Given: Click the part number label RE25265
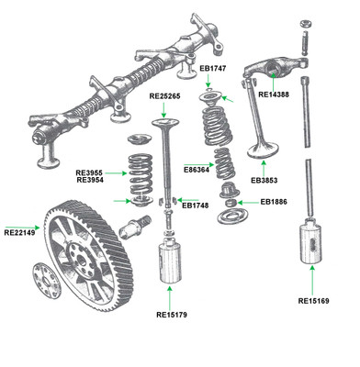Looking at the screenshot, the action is click(164, 96).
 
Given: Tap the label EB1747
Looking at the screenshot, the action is click(213, 69).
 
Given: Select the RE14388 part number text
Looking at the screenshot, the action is click(274, 95).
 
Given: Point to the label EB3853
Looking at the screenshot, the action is click(264, 181).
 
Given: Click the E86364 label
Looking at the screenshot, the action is click(197, 169).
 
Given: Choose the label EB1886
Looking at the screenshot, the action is click(274, 202).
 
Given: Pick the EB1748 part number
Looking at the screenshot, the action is click(196, 206).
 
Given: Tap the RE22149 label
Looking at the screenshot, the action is click(19, 232).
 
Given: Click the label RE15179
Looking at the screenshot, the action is click(172, 315).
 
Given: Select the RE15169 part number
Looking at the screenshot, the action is click(314, 301).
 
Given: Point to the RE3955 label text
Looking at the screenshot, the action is click(89, 172).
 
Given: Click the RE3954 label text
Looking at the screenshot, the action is click(90, 180).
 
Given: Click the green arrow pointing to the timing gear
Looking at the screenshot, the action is click(22, 228).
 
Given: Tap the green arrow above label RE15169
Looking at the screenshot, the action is click(312, 280).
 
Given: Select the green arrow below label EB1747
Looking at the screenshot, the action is click(208, 81).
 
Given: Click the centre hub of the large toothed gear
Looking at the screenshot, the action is click(81, 261).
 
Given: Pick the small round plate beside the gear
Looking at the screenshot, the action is click(47, 281).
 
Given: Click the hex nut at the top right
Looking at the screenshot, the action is click(306, 24).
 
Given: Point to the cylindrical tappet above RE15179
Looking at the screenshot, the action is click(171, 261).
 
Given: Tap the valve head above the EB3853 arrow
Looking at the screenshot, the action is click(264, 150).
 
